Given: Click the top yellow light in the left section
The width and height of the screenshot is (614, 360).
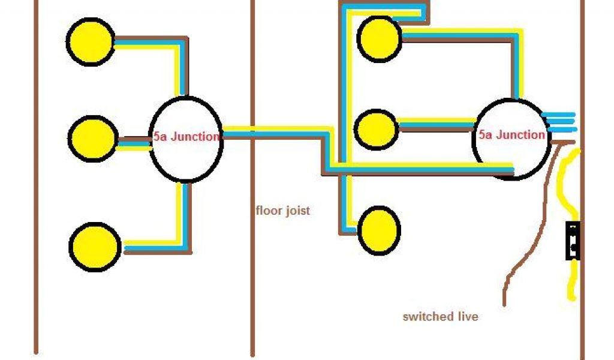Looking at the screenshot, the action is tap(90, 41).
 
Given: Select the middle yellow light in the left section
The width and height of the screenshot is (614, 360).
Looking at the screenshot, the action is tap(92, 138).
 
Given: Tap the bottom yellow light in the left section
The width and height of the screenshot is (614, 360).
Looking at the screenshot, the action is tap(95, 247).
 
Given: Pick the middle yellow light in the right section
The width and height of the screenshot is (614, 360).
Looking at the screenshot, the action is tap(376, 128).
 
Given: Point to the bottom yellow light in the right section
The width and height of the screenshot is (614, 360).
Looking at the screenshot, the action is tap(379, 230).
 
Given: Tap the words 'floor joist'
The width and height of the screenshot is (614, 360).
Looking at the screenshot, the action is tap(283, 211).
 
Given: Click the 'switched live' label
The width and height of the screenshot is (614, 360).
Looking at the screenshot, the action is tap(441, 316).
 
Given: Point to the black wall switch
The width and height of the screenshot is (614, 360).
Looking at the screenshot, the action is tap(573, 241).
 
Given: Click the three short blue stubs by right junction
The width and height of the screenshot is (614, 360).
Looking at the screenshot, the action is tap(559, 121).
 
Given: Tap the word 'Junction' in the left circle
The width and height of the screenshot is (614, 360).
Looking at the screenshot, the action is tap(195, 137).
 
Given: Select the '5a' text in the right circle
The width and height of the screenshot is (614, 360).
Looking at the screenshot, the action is tap(485, 135).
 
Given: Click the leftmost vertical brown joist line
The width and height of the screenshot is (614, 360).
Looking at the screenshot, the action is tap(36, 180).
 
